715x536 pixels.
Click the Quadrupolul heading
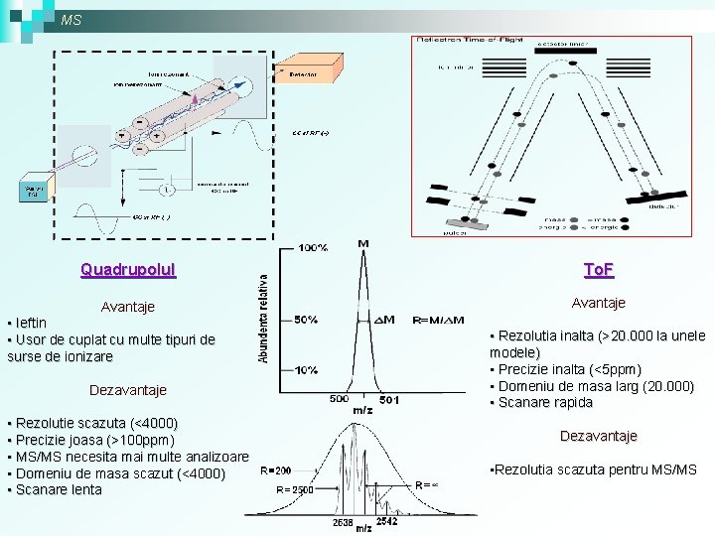pyautogui.click(x=128, y=269)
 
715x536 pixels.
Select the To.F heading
pyautogui.click(x=599, y=270)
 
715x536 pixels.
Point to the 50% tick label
pyautogui.click(x=305, y=320)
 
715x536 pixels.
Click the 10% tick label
pyautogui.click(x=305, y=369)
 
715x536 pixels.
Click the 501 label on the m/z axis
pyautogui.click(x=388, y=399)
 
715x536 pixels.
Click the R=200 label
pyautogui.click(x=275, y=469)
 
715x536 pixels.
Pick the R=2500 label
pyautogui.click(x=295, y=489)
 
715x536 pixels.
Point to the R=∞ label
pyautogui.click(x=427, y=483)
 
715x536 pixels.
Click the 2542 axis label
pyautogui.click(x=386, y=520)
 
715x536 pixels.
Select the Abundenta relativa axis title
pyautogui.click(x=264, y=318)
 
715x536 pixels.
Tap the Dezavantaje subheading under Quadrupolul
pyautogui.click(x=128, y=390)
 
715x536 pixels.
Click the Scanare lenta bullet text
pyautogui.click(x=59, y=490)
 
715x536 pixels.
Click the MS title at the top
pyautogui.click(x=71, y=20)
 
